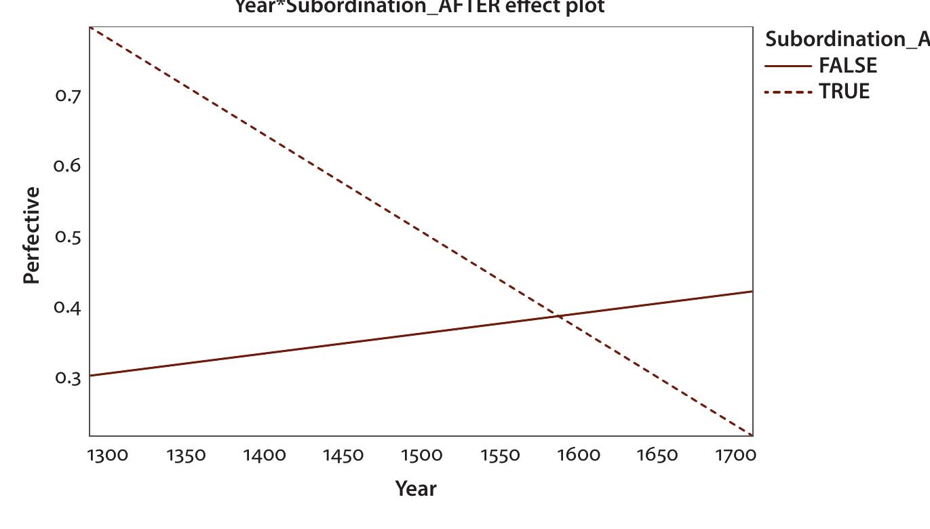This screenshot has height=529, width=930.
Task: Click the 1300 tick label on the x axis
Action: tap(108, 455)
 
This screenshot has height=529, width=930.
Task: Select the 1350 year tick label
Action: tap(186, 455)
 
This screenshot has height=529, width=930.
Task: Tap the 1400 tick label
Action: tap(265, 455)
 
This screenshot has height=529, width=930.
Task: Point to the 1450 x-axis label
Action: tap(343, 455)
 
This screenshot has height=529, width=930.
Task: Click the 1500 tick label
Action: tap(421, 455)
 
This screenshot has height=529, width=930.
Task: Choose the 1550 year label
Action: tap(500, 455)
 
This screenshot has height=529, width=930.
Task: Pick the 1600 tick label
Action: tap(579, 455)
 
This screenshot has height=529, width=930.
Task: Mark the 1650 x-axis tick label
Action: tap(657, 455)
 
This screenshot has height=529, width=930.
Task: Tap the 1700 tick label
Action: tap(735, 455)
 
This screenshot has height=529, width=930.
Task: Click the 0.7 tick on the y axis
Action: tap(68, 96)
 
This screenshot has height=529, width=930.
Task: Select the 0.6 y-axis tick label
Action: tap(68, 166)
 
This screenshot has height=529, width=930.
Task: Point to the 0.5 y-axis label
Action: tap(68, 237)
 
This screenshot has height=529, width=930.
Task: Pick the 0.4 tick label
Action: tap(68, 308)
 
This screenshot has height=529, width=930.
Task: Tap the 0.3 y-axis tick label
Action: tap(68, 378)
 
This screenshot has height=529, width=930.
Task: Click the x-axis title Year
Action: tap(416, 488)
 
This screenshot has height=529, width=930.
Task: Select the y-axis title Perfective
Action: tap(31, 235)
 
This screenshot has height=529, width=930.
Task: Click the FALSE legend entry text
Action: tap(848, 66)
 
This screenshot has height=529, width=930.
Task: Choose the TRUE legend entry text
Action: tap(845, 91)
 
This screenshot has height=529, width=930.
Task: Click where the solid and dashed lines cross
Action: tap(560, 315)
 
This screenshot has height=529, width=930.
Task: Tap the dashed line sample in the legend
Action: tap(788, 91)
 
